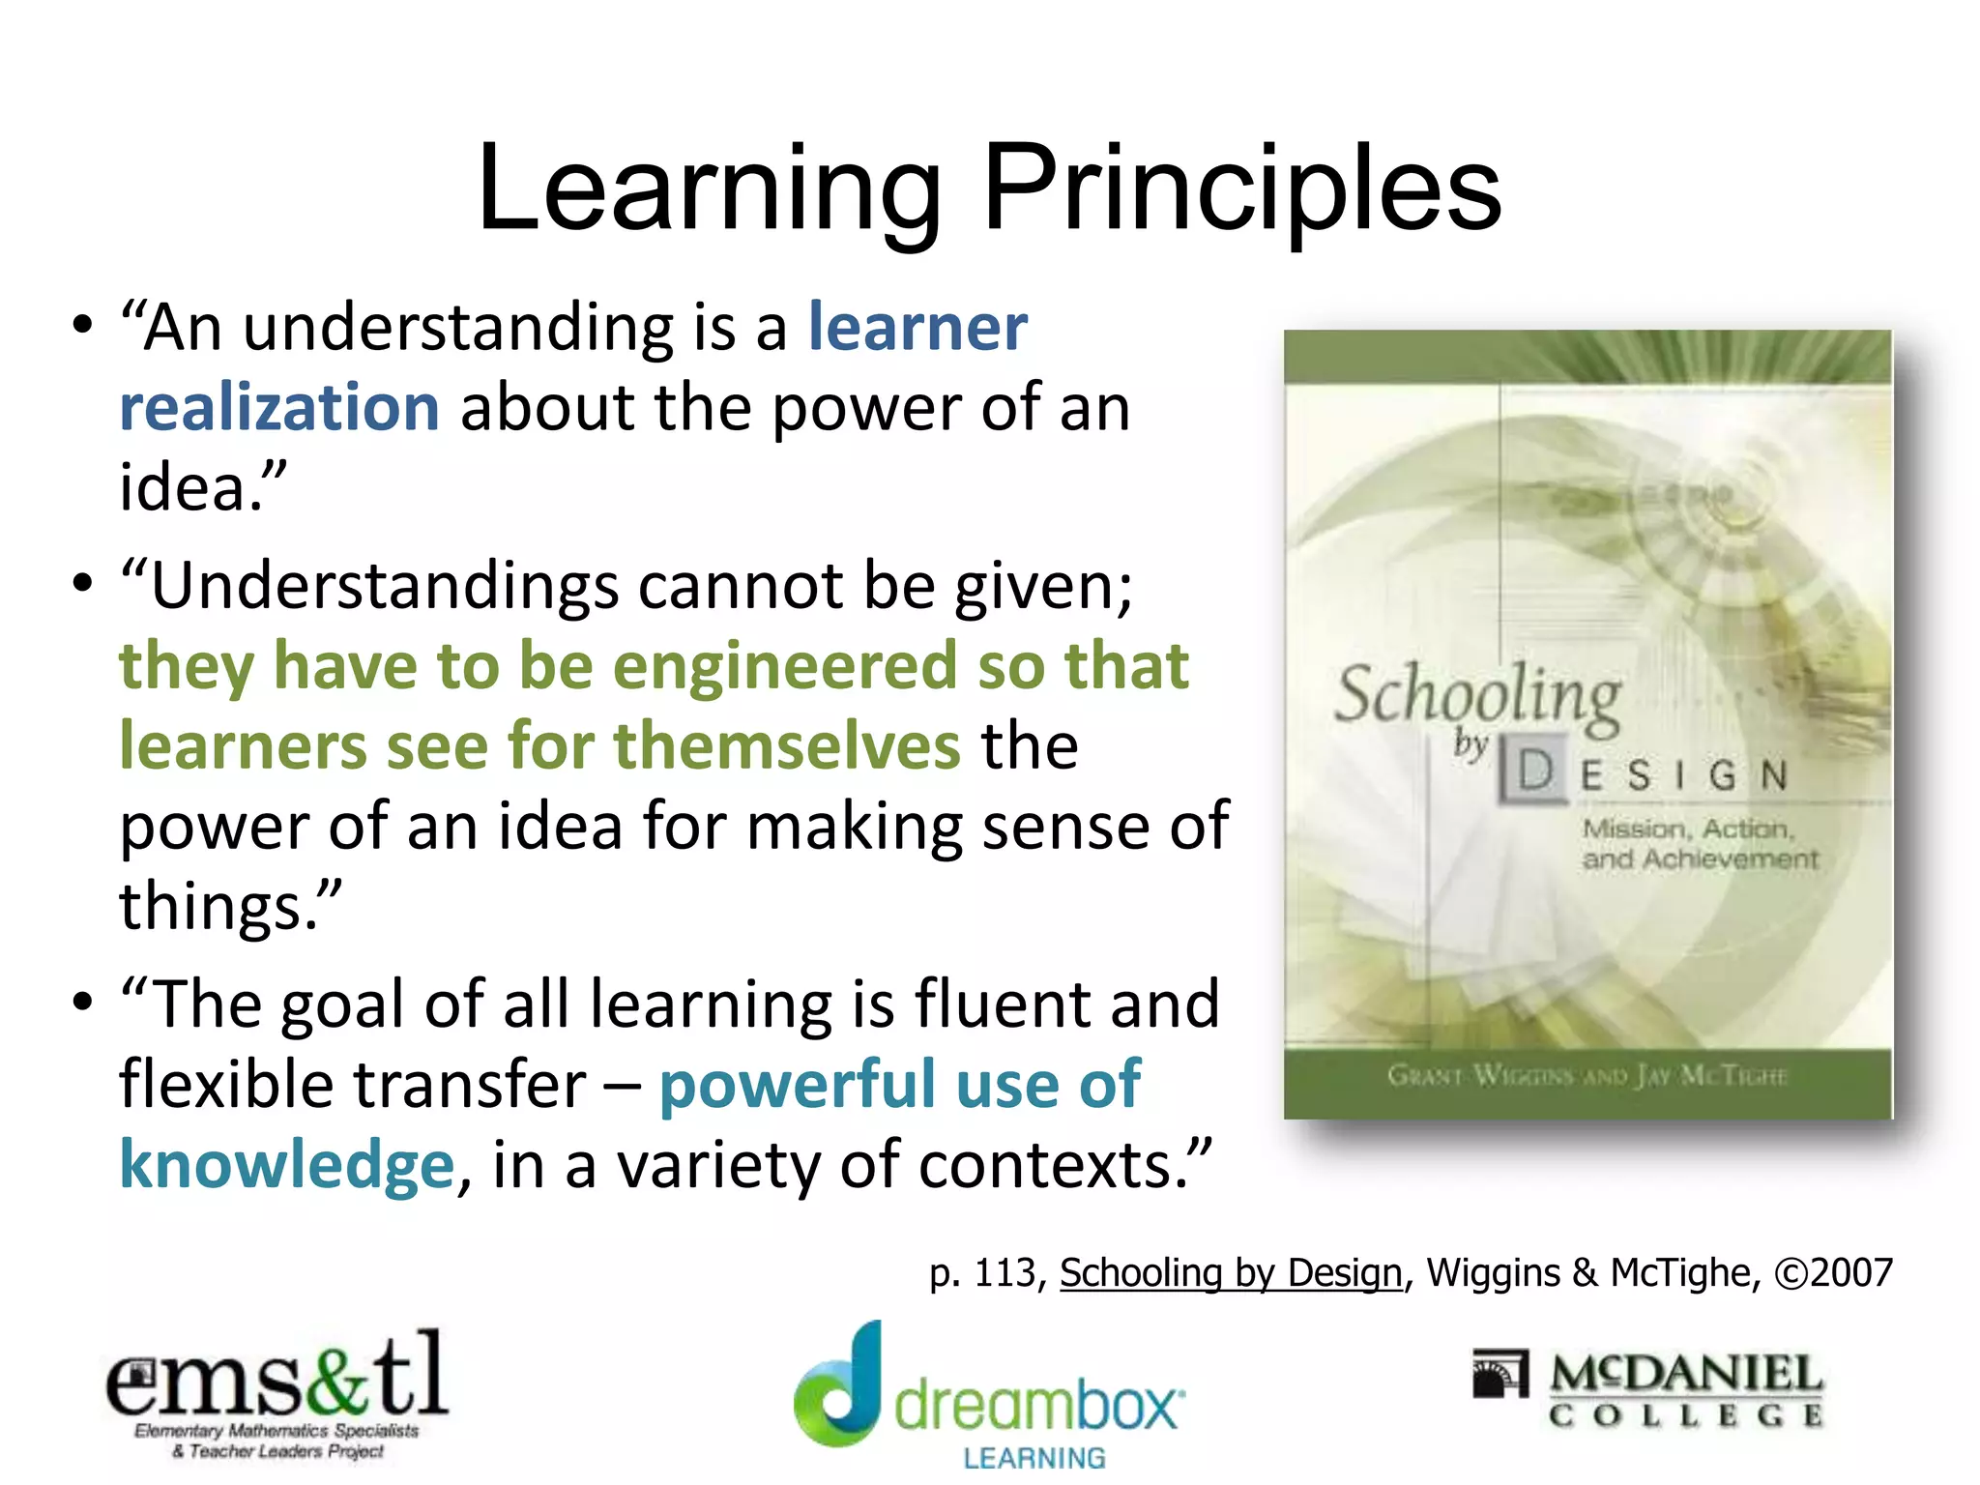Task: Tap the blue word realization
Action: pyautogui.click(x=279, y=407)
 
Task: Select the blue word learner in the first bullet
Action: pyautogui.click(x=917, y=327)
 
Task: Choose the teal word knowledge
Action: pyautogui.click(x=286, y=1164)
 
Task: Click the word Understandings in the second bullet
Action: pyautogui.click(x=385, y=586)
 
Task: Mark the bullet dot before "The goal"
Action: pyautogui.click(x=83, y=1001)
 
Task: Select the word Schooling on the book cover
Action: pyautogui.click(x=1477, y=694)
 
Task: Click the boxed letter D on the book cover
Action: pyautogui.click(x=1534, y=772)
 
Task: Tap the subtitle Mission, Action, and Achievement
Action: pyautogui.click(x=1699, y=844)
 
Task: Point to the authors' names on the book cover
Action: pyautogui.click(x=1587, y=1075)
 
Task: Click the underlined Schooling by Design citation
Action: pyautogui.click(x=1230, y=1272)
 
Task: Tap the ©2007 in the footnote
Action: pyautogui.click(x=1833, y=1272)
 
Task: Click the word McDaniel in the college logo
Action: pyautogui.click(x=1686, y=1374)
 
